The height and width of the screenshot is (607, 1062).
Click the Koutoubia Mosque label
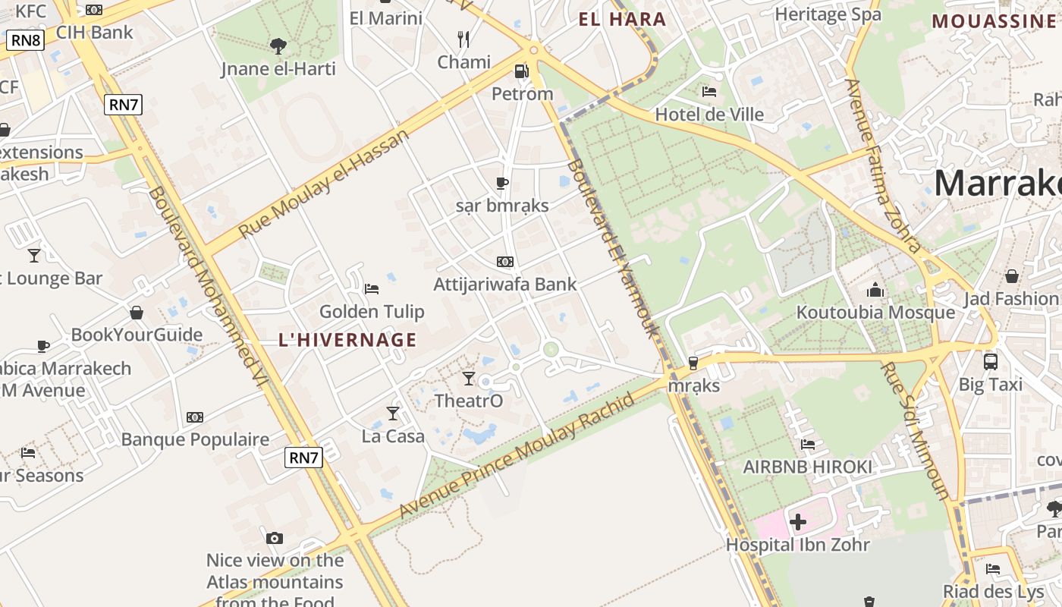point(875,313)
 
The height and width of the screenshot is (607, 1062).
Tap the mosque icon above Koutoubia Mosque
point(875,290)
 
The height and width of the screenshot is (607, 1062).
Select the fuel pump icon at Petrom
point(522,71)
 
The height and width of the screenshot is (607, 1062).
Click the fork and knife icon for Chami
point(463,39)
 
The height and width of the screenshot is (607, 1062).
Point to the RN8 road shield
point(26,40)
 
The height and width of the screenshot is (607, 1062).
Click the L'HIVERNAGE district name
point(348,340)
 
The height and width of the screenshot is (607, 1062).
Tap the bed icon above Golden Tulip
point(372,288)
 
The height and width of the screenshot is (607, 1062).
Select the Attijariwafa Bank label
point(505,285)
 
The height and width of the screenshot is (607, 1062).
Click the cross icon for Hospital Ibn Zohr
point(798,522)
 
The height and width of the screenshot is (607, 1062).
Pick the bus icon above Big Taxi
point(991,361)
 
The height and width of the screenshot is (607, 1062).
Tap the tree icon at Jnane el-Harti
point(278,46)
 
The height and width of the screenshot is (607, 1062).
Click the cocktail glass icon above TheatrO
point(469,378)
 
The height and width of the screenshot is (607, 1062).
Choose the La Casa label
point(393,436)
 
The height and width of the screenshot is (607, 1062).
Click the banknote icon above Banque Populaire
point(195,417)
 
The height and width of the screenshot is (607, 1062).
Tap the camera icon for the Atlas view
point(275,538)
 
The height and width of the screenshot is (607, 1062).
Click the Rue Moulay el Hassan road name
point(324,183)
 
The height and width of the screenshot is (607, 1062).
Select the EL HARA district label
point(622,20)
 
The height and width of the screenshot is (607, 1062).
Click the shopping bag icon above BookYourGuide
point(137,313)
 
